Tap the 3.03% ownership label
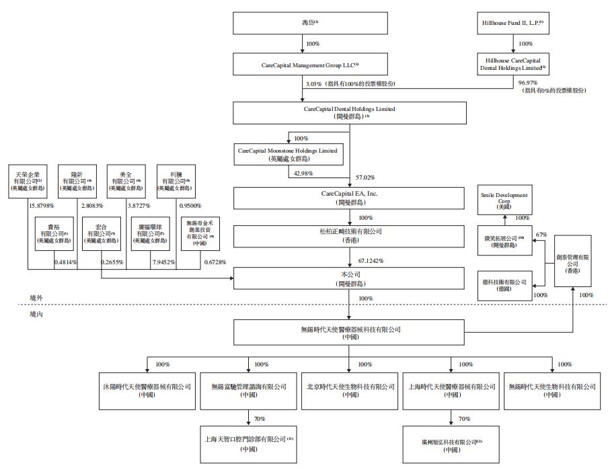(x=313, y=83)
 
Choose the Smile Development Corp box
(x=504, y=200)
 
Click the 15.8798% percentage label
(x=41, y=204)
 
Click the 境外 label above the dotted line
(x=37, y=297)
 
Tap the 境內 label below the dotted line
(x=37, y=313)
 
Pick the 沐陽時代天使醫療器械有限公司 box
(x=147, y=391)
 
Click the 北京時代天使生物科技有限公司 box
(x=349, y=391)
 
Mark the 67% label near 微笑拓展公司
(x=541, y=235)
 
